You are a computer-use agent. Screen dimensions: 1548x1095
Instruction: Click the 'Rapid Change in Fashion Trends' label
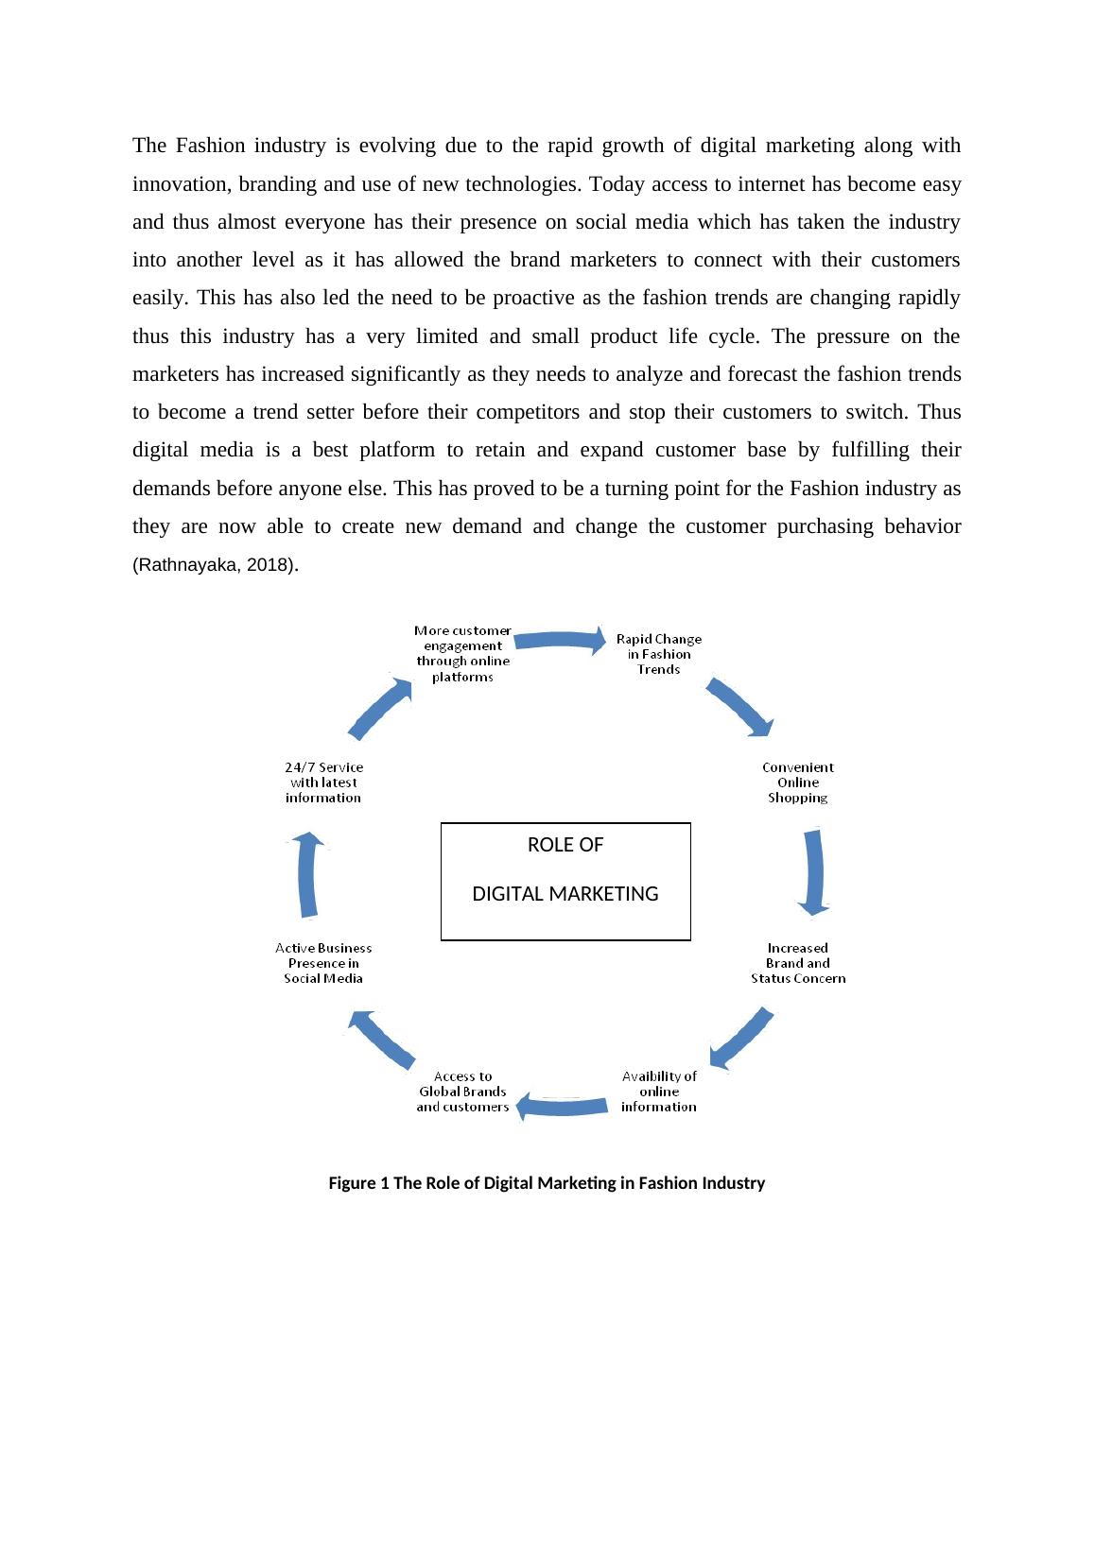(659, 654)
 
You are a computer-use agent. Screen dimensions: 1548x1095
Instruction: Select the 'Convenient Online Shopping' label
(798, 783)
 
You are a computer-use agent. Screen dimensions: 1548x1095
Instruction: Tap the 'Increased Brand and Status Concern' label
(798, 963)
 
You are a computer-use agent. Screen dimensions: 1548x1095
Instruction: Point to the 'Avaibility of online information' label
(659, 1092)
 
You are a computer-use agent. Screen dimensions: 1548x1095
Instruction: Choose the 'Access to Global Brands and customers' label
(462, 1092)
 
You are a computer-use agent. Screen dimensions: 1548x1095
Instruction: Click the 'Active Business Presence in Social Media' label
(323, 963)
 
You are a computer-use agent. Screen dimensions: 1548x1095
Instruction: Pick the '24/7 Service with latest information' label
(323, 783)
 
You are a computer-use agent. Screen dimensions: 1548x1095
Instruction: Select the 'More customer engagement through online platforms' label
(463, 653)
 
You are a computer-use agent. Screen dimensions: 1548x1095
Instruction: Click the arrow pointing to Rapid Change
(560, 640)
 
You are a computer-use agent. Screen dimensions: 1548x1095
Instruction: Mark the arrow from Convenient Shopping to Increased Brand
(812, 872)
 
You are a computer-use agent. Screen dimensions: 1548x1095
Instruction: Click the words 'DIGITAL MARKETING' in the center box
(565, 894)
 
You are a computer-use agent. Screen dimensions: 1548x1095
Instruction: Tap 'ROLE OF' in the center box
(565, 845)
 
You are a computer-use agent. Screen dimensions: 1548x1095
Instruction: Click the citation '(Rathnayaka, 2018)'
(214, 566)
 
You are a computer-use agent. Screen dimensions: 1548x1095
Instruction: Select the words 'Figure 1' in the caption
(358, 1183)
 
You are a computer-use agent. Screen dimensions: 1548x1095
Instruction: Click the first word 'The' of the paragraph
(149, 146)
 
